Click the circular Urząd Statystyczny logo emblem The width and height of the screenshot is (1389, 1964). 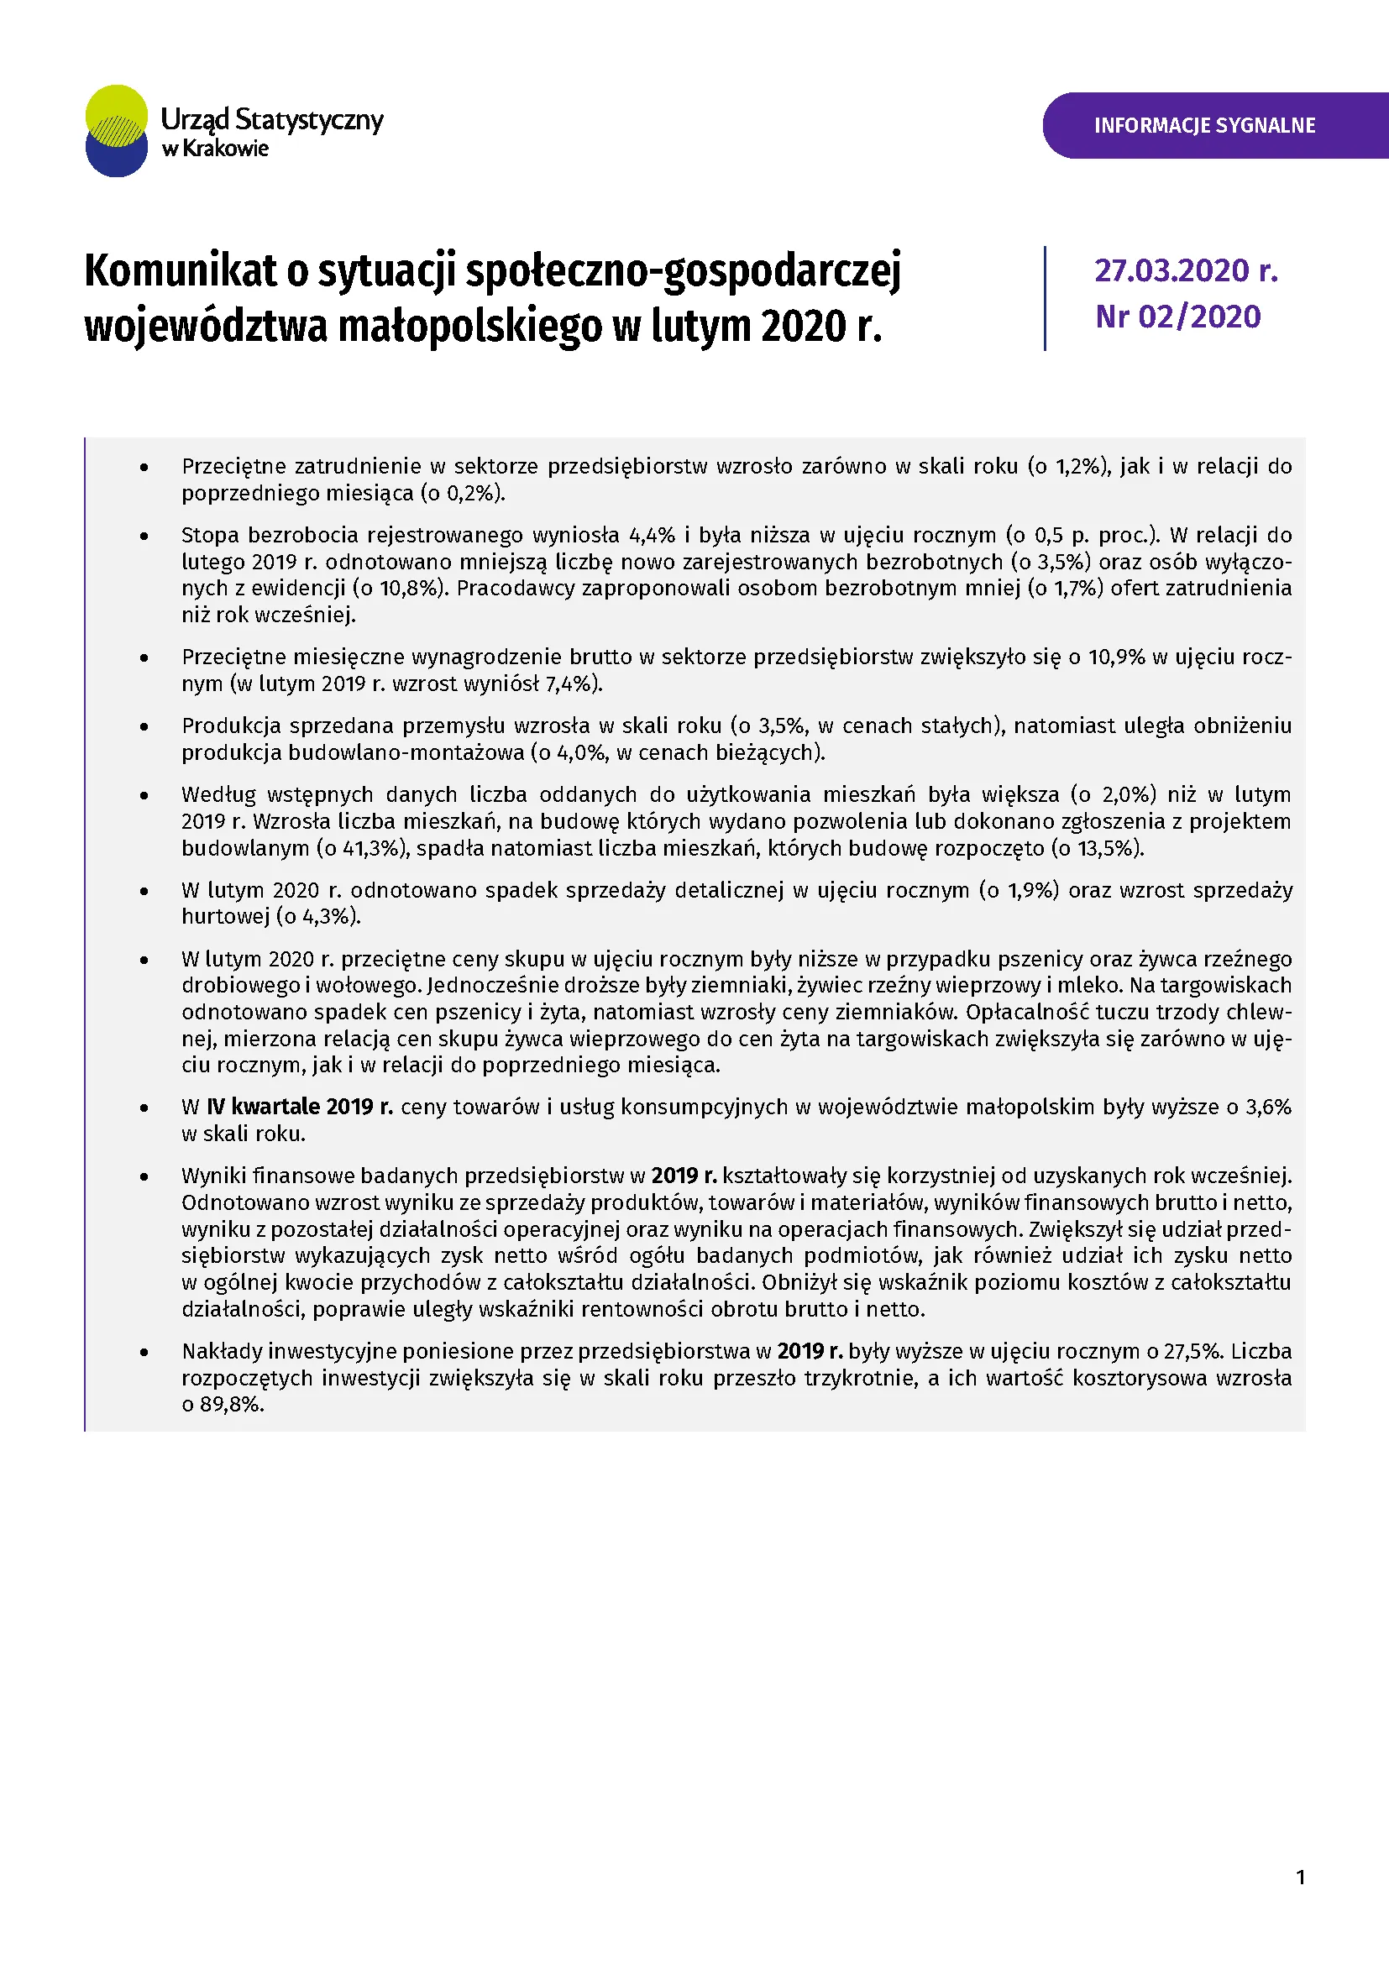[x=118, y=131]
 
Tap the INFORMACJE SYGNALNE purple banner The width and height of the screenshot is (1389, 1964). [x=1204, y=126]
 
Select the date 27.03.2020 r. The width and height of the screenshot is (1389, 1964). [x=1186, y=270]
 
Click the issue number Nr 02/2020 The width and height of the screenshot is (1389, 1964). [x=1177, y=317]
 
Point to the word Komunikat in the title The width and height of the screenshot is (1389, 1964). [x=181, y=271]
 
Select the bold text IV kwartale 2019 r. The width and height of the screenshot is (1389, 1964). [x=299, y=1107]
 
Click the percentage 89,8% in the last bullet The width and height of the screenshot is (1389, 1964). [x=231, y=1405]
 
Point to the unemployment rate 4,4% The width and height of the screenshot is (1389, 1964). [x=652, y=536]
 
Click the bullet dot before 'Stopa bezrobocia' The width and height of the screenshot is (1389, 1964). [x=144, y=537]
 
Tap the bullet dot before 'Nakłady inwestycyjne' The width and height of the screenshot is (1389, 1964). [x=144, y=1353]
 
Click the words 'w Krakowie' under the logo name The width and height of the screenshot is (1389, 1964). [x=215, y=149]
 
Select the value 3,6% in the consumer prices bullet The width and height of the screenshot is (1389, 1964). [x=1267, y=1107]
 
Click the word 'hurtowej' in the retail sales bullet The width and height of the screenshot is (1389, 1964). [x=225, y=917]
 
